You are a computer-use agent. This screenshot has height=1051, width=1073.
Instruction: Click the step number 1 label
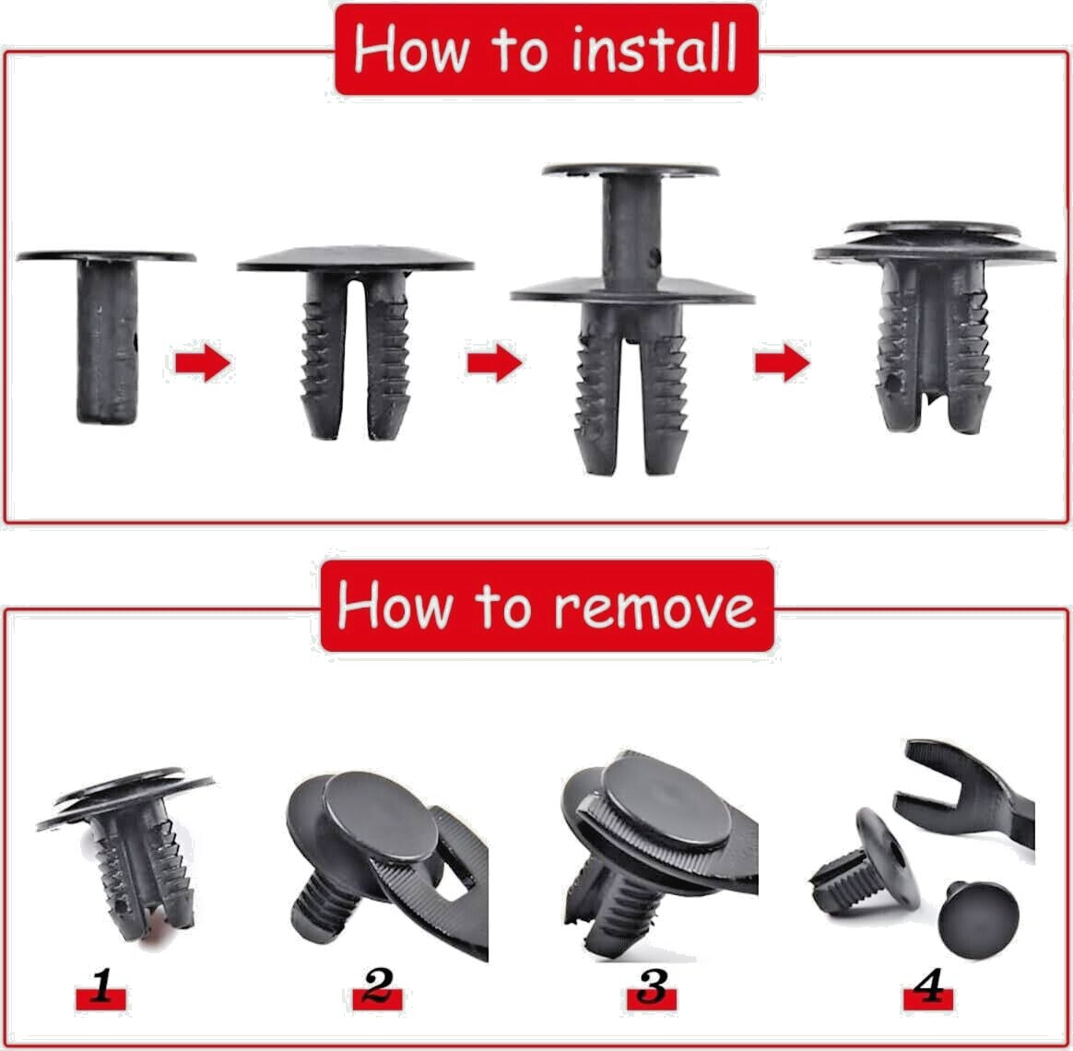coord(101,994)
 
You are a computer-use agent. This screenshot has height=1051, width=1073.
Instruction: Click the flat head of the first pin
coord(106,256)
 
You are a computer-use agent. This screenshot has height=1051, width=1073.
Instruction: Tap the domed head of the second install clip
coord(355,259)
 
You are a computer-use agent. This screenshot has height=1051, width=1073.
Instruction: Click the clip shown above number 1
coord(129,848)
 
